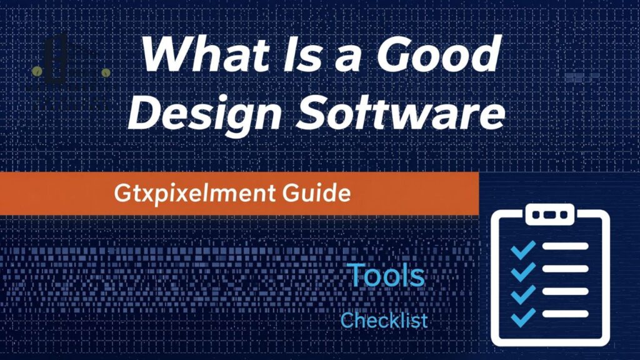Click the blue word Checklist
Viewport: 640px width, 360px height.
[384, 321]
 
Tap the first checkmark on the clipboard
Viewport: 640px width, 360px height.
[522, 248]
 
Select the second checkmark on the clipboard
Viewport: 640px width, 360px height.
[522, 270]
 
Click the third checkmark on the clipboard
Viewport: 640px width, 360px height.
[522, 293]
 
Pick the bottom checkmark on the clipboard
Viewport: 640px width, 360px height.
[522, 316]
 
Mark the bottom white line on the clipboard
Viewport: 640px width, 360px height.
[565, 314]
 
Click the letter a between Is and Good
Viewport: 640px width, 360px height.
[354, 58]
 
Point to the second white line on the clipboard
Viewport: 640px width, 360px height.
[565, 269]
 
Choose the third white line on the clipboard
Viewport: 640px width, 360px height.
[565, 291]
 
